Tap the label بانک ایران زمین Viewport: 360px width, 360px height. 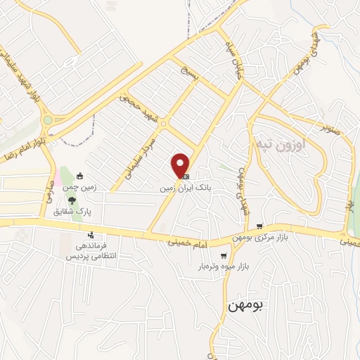[181, 188]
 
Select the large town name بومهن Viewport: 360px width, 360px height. [245, 306]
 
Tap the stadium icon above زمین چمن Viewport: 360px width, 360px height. [81, 176]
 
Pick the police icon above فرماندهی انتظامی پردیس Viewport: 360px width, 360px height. [90, 236]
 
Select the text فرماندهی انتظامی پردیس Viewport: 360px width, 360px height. [90, 252]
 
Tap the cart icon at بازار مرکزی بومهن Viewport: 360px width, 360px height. [260, 226]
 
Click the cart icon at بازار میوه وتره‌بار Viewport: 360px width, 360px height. [224, 256]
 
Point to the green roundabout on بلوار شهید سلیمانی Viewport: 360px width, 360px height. [47, 120]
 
